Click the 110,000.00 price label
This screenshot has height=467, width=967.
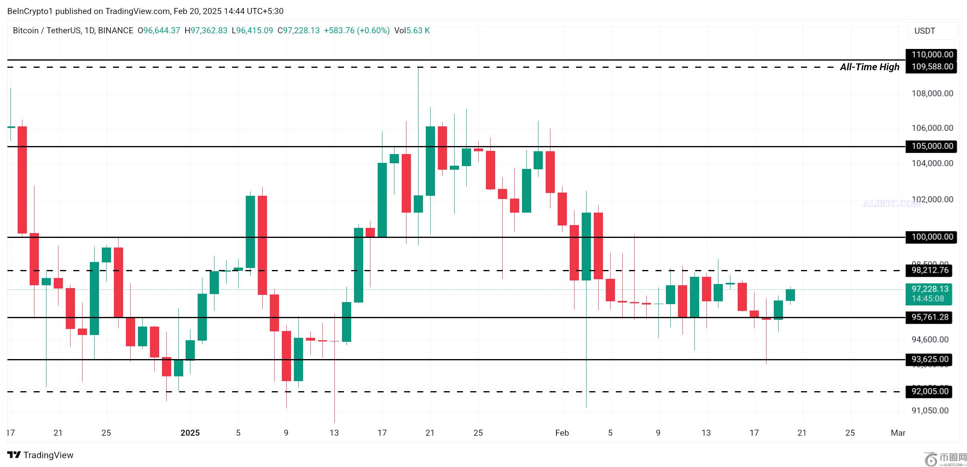click(x=931, y=55)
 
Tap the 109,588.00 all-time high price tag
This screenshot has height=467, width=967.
click(x=931, y=67)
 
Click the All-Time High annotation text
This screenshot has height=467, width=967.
click(x=869, y=67)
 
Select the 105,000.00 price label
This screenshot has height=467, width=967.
click(x=931, y=146)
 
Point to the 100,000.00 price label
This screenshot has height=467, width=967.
click(x=931, y=237)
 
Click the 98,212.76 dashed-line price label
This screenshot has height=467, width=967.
click(x=930, y=270)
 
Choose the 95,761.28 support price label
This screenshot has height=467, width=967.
click(x=930, y=317)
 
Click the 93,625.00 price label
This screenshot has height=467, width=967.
click(x=930, y=359)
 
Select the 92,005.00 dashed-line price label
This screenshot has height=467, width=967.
click(x=930, y=391)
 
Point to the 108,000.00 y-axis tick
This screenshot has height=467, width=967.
click(x=932, y=93)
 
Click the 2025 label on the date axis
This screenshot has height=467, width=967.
click(x=190, y=433)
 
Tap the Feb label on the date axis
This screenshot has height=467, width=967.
click(x=562, y=433)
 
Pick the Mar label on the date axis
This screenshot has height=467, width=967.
click(x=898, y=433)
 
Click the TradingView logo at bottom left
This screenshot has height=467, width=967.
click(x=40, y=455)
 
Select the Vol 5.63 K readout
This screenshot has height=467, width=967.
click(x=412, y=30)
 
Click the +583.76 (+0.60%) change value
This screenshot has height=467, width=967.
click(x=356, y=30)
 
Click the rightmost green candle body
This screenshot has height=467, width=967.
click(x=790, y=295)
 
